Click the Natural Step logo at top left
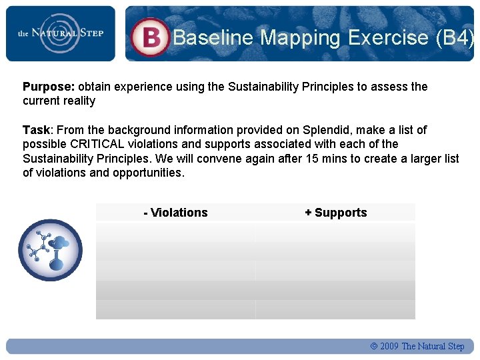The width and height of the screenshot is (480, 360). [x=60, y=33]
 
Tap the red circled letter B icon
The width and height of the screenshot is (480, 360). [x=150, y=37]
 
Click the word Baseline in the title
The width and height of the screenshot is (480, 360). [x=213, y=37]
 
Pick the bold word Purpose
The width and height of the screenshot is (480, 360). [x=49, y=87]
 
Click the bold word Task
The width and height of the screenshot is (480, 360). [x=36, y=130]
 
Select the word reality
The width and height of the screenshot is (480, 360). [x=77, y=101]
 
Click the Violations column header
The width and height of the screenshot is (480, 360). [x=175, y=213]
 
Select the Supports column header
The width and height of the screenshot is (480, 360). [x=336, y=213]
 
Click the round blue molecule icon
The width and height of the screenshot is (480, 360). [x=50, y=250]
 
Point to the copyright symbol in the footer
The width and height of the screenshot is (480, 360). [x=373, y=346]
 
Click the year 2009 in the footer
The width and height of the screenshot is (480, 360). [x=389, y=346]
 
